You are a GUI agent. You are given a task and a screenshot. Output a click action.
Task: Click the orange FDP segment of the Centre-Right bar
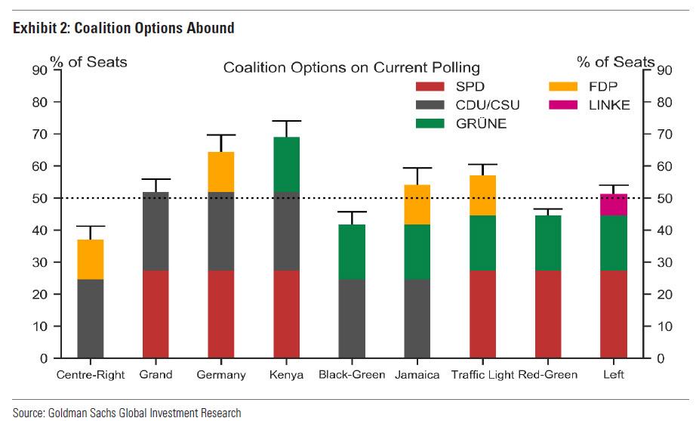(x=90, y=259)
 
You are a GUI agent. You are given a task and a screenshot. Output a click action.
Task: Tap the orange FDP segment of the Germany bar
(x=221, y=172)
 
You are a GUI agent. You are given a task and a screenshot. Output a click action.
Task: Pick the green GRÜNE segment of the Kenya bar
(x=287, y=164)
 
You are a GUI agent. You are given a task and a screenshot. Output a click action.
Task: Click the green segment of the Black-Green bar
(x=353, y=252)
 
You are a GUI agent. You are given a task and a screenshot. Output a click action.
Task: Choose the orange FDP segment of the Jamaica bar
(x=418, y=204)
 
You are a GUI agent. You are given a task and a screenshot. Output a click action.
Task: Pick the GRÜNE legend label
(x=482, y=124)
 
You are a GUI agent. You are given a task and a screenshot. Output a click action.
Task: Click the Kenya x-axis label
(x=287, y=374)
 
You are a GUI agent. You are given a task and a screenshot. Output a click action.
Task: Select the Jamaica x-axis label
(x=418, y=374)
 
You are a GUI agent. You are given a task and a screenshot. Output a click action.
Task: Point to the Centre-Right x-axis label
(x=90, y=374)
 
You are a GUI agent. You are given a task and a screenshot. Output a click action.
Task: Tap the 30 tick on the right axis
(x=664, y=262)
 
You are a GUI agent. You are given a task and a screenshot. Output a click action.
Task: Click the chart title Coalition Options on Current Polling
(x=351, y=68)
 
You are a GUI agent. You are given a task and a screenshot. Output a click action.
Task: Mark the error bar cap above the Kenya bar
(x=287, y=121)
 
